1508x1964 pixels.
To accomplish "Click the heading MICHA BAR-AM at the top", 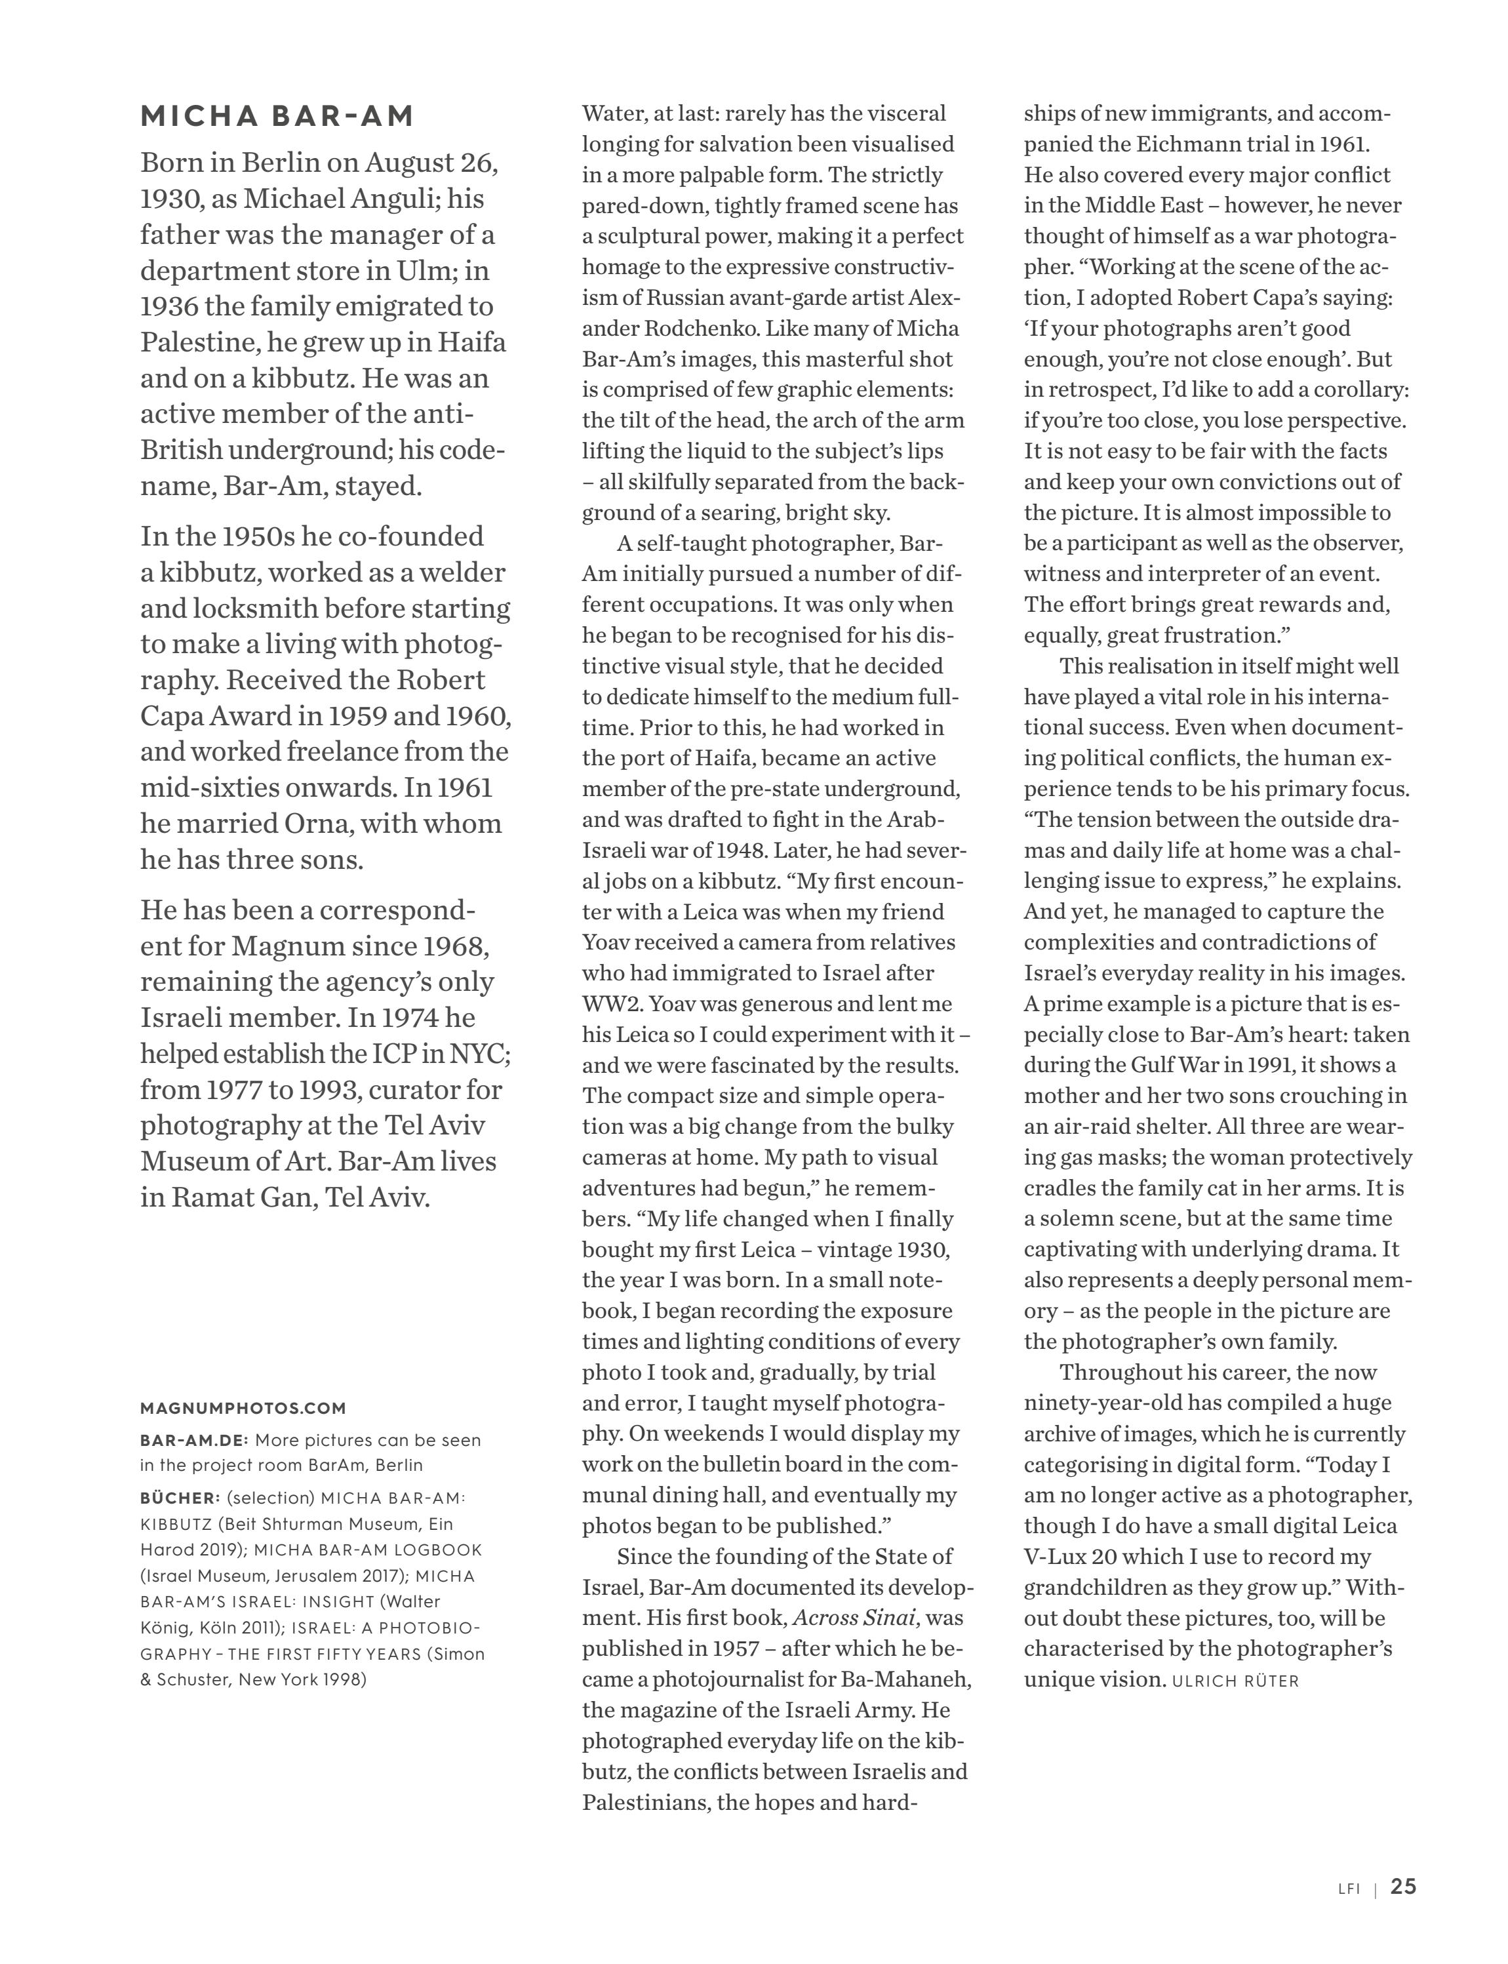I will click(x=277, y=117).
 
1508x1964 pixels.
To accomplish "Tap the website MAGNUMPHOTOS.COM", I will click(x=243, y=1409).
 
